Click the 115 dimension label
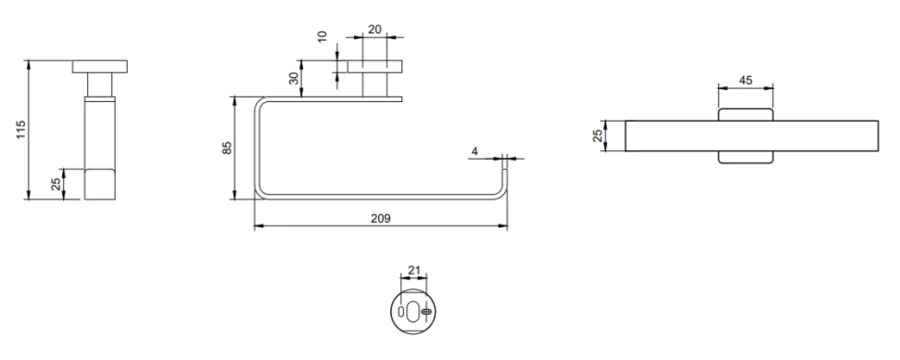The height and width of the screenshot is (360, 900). coord(21,130)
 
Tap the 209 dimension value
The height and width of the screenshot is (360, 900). coord(381,218)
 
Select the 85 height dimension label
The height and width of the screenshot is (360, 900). coord(227,148)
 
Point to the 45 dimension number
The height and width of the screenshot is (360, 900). coord(745,80)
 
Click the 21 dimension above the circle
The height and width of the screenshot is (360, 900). coord(414,269)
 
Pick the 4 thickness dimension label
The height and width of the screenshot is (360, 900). coord(474,151)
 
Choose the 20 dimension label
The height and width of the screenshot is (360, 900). coord(375,29)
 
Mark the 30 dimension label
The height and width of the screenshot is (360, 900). coord(294,78)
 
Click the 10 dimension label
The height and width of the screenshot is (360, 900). coord(322,36)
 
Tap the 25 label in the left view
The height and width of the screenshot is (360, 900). coord(56,184)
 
